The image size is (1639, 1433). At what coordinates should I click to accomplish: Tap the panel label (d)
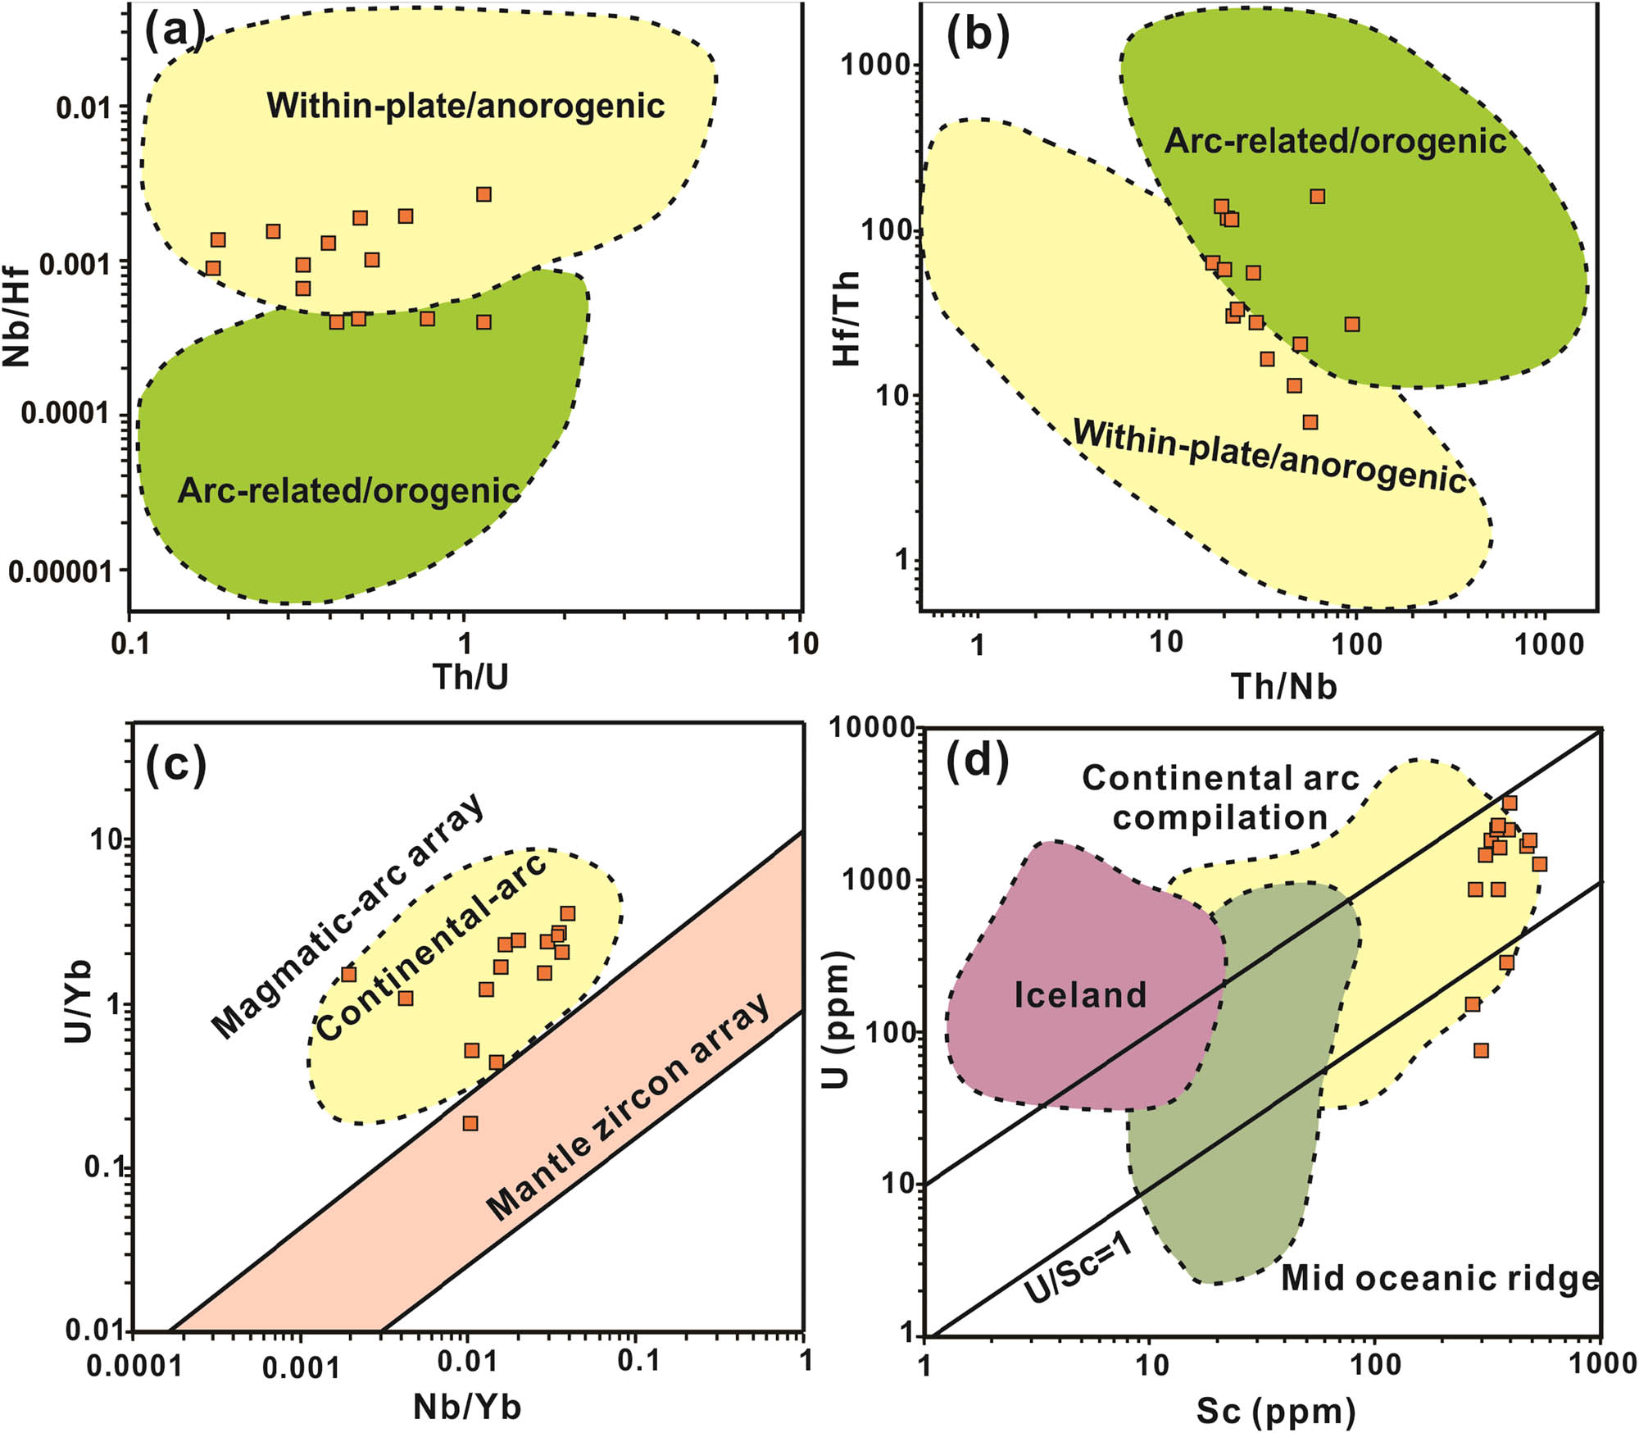[x=977, y=762]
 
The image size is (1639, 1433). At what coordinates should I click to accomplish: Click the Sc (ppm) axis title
[x=1276, y=1410]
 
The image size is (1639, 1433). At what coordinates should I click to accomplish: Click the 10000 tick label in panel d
[x=870, y=726]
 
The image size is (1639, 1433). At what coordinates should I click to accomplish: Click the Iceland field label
[x=1080, y=995]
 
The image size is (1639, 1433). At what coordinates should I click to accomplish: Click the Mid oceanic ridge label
[x=1439, y=1278]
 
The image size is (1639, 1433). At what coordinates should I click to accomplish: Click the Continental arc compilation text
[x=1220, y=798]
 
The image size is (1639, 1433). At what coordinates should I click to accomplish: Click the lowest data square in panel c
[x=470, y=1123]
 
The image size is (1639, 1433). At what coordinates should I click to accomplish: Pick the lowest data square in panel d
[x=1480, y=1050]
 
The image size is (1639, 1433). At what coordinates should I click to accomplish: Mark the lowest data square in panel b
[x=1310, y=422]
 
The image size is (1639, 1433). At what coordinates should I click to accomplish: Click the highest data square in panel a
[x=484, y=194]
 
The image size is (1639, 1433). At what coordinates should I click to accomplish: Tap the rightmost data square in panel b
[x=1352, y=325]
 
